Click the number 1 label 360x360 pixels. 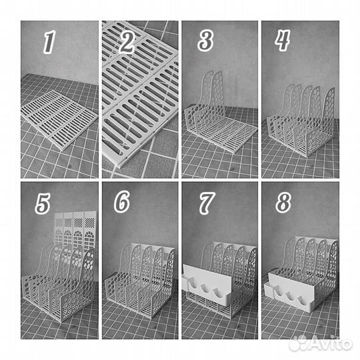[49, 42]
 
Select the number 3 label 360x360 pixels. [206, 41]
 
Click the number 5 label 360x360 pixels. [43, 203]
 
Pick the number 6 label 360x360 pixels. [122, 202]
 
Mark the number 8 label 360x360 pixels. [283, 202]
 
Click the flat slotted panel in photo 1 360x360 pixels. [59, 119]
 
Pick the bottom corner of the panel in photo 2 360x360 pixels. [120, 166]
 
